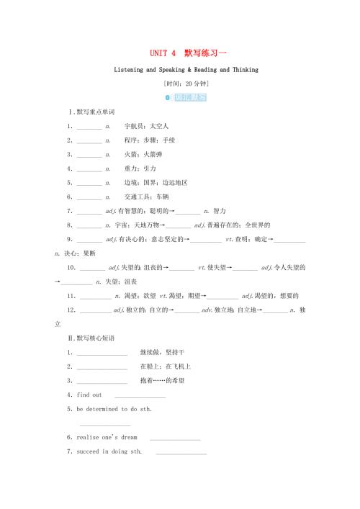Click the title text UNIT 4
(x=161, y=53)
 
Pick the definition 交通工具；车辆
(x=149, y=197)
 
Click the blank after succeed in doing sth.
(x=181, y=452)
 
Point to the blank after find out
(x=140, y=395)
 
